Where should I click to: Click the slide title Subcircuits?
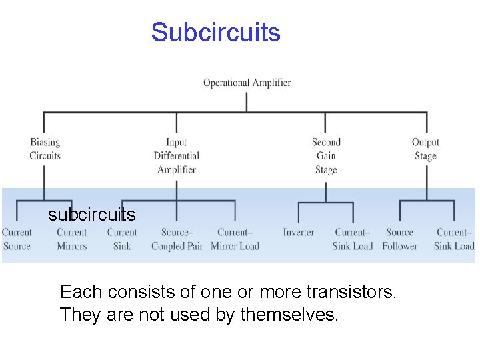click(x=215, y=32)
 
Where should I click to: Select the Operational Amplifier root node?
click(x=247, y=83)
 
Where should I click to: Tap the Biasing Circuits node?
click(x=45, y=149)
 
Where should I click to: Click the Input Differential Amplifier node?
click(x=176, y=155)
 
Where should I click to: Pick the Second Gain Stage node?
click(x=326, y=155)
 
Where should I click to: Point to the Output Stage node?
click(x=425, y=149)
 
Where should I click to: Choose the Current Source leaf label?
click(x=17, y=239)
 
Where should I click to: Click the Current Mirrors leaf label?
click(x=71, y=239)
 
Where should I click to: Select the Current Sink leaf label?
click(x=121, y=239)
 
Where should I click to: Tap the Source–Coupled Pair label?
click(x=177, y=239)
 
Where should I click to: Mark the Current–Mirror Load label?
click(x=235, y=239)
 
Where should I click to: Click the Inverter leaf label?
click(x=298, y=232)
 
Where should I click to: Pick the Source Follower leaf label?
click(x=399, y=239)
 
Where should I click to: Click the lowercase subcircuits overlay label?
click(x=91, y=215)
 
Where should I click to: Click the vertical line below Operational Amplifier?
click(x=247, y=101)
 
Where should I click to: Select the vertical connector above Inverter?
click(x=298, y=212)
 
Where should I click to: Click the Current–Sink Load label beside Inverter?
click(x=353, y=239)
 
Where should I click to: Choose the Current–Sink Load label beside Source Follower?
click(x=454, y=239)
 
